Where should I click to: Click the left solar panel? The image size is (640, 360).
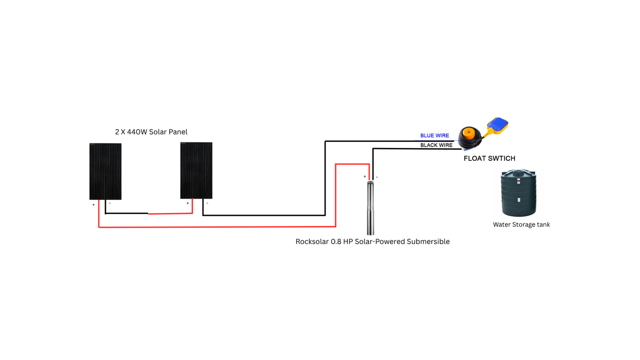(105, 171)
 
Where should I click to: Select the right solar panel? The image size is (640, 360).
(196, 170)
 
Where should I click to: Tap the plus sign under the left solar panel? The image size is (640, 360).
(94, 205)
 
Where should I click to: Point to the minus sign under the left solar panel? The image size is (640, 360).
(110, 203)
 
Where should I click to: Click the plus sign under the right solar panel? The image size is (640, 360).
(187, 203)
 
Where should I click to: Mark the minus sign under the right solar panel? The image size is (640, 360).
(207, 203)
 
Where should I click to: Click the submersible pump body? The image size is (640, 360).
(371, 208)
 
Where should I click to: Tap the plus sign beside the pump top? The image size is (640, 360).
(364, 177)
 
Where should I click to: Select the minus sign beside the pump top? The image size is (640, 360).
(377, 177)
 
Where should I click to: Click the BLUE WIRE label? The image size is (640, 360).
(434, 136)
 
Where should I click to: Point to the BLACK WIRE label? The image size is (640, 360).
(436, 145)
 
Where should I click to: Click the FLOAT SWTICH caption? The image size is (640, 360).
(489, 159)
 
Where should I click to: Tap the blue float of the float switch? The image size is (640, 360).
(499, 124)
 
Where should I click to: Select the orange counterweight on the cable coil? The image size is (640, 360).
(468, 133)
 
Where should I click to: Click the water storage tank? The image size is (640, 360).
(518, 193)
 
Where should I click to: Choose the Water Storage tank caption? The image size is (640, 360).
(521, 225)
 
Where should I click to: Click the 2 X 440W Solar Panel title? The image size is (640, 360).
(151, 132)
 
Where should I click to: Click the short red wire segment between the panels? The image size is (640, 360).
(170, 213)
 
